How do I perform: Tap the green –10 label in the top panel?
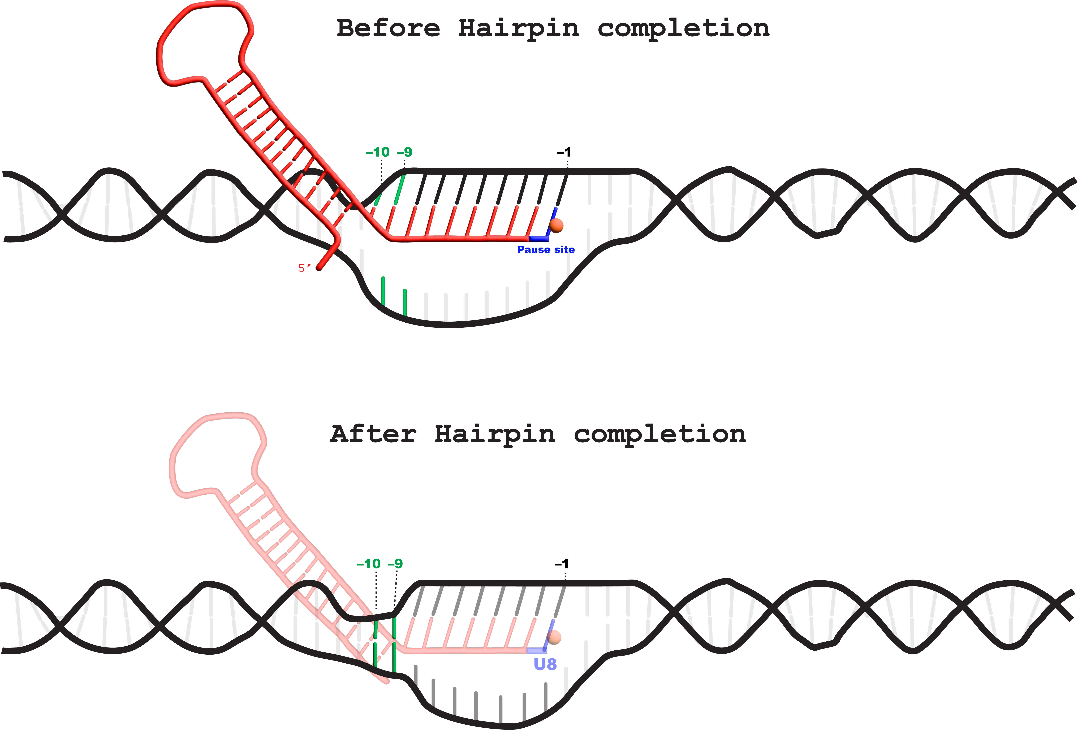378,152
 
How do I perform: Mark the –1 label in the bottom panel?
562,564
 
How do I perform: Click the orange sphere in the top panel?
556,225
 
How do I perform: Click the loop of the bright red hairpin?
204,42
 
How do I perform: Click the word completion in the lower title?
660,435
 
